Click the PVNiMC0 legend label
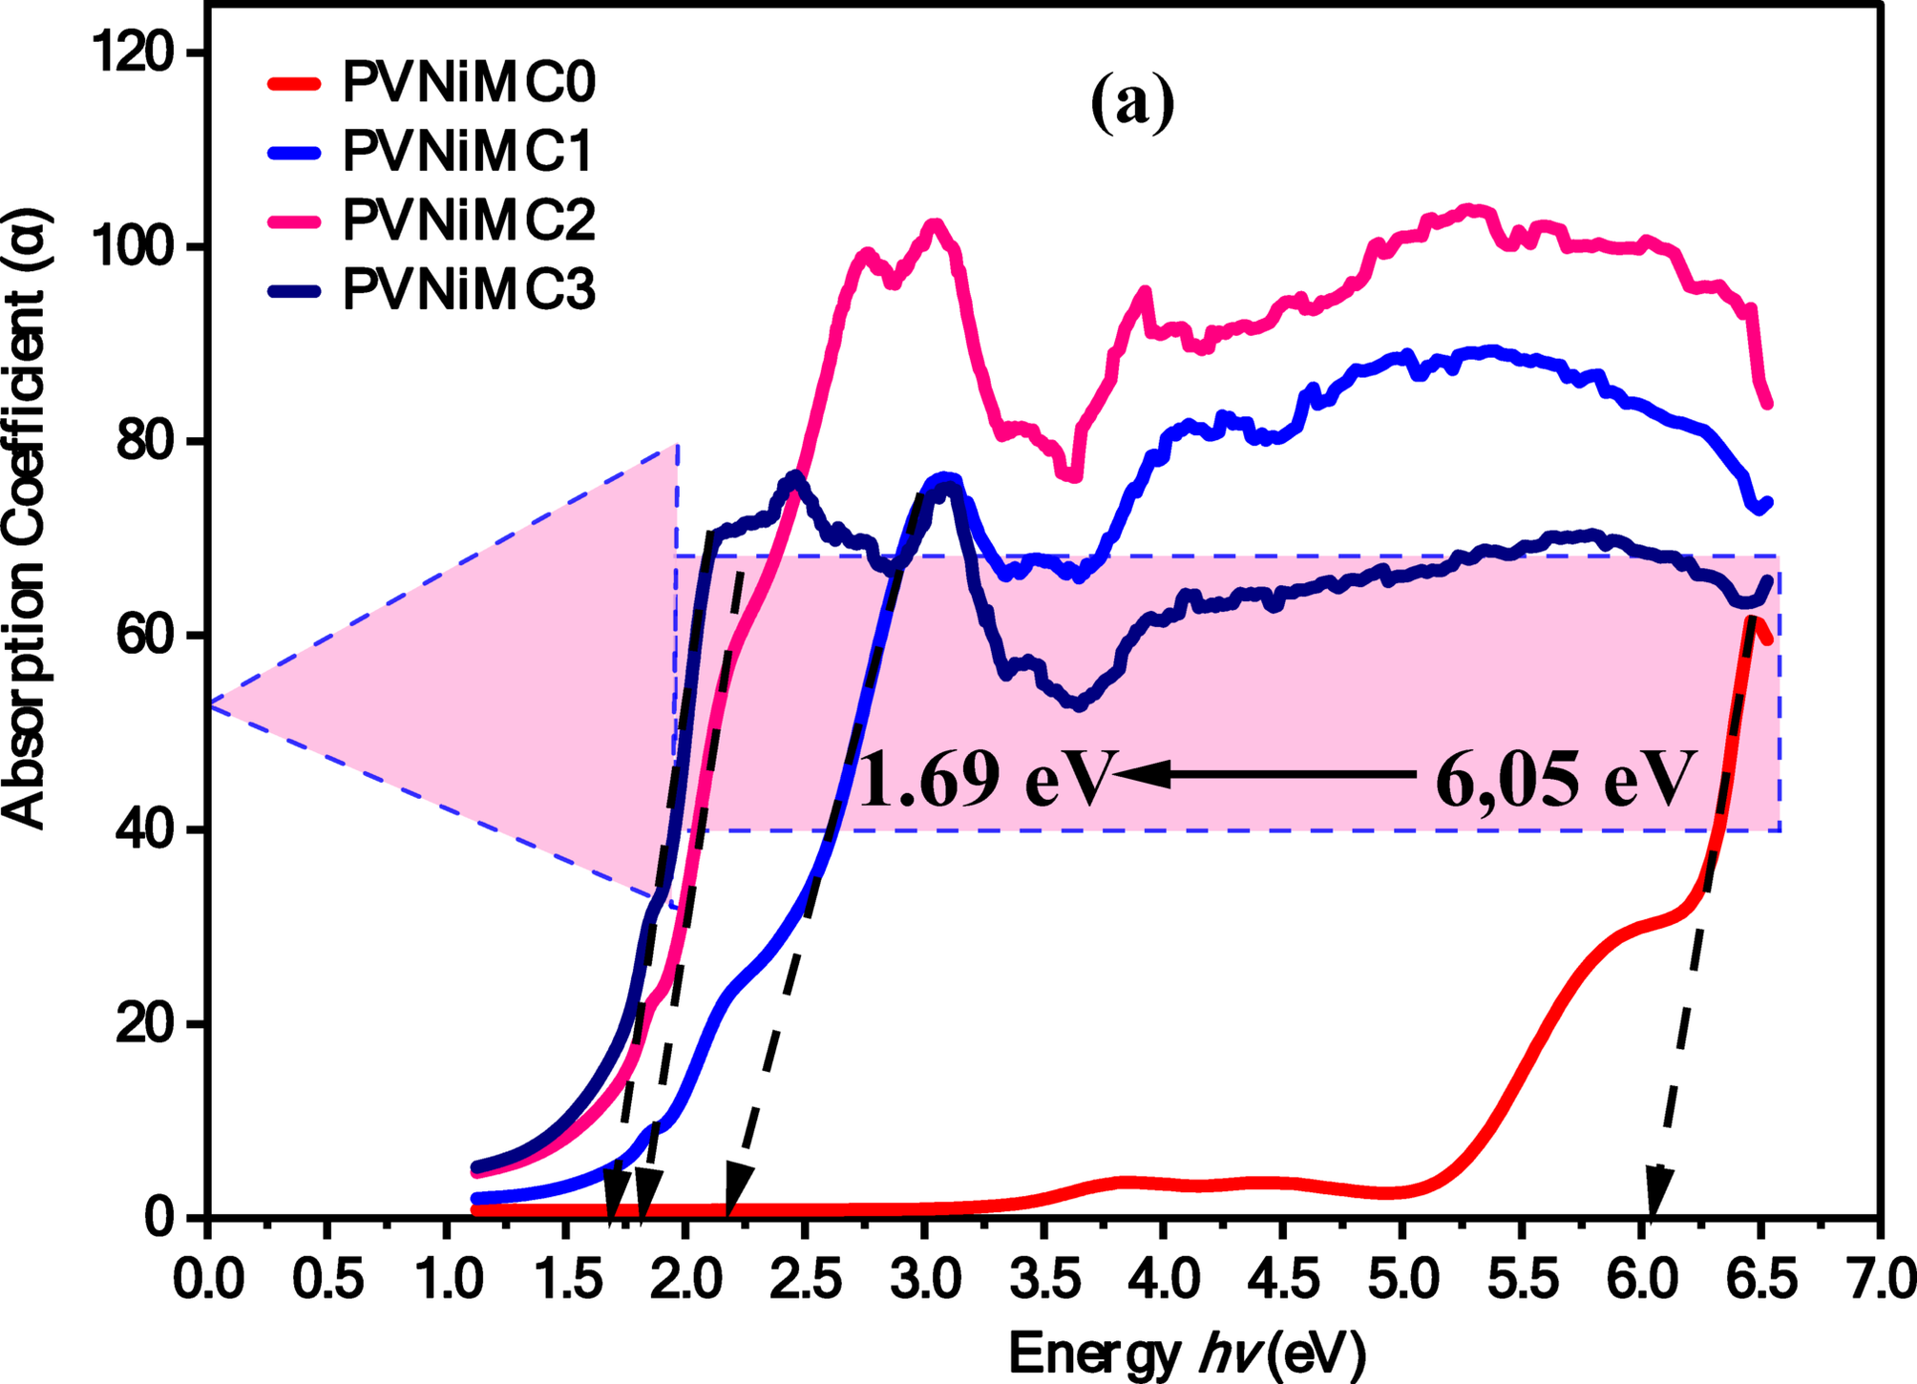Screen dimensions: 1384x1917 (469, 82)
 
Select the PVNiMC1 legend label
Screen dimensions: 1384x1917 (469, 152)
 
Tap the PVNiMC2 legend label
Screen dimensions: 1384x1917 (469, 220)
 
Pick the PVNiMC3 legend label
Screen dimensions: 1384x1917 (469, 289)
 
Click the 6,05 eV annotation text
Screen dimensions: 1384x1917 (1566, 779)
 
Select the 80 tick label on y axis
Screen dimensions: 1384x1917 (143, 442)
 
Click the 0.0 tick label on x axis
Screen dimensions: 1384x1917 (208, 1280)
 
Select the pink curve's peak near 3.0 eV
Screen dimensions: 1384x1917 (935, 225)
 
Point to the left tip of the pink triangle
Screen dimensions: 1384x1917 (212, 704)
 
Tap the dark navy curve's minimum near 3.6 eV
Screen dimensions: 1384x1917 (1079, 705)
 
